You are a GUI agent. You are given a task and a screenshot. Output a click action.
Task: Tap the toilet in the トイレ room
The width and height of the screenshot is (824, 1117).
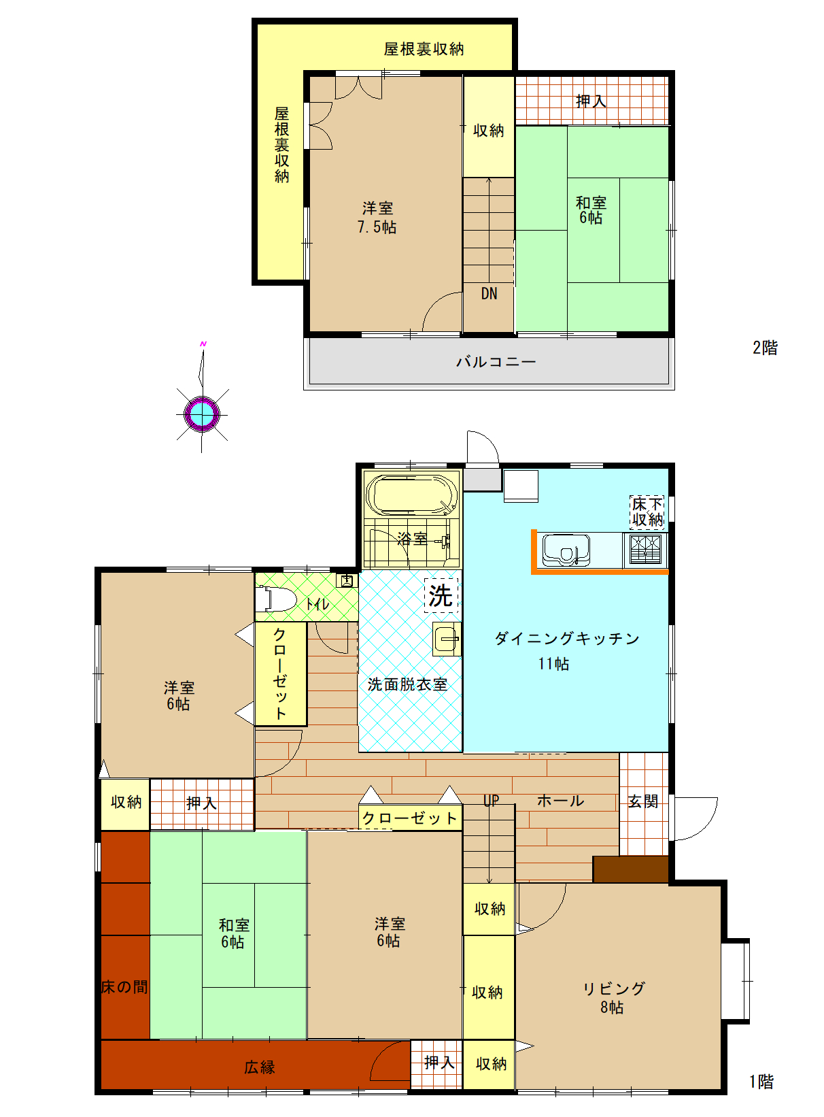click(275, 599)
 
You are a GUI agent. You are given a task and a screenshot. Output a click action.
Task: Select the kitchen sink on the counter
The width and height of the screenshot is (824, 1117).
click(566, 550)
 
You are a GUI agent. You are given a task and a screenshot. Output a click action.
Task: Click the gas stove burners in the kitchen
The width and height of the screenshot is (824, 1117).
click(645, 549)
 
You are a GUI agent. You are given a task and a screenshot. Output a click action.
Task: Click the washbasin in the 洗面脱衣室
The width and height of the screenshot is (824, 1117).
click(447, 639)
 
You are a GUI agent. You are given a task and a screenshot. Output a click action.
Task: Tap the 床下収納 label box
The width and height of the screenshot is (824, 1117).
click(647, 512)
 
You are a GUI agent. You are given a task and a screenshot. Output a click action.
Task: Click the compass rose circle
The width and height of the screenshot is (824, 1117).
click(202, 414)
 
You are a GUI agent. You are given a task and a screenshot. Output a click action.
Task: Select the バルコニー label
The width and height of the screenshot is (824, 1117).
click(496, 362)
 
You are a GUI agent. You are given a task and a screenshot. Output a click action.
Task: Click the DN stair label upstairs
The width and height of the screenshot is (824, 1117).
click(489, 294)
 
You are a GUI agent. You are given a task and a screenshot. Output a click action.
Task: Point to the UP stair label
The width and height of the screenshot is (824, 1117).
click(492, 800)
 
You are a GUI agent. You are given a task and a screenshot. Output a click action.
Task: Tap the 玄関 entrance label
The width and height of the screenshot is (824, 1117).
click(642, 801)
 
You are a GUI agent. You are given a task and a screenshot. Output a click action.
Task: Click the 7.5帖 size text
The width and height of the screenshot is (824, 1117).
click(377, 227)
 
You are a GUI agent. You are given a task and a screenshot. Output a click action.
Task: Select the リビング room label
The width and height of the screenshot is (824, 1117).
click(614, 988)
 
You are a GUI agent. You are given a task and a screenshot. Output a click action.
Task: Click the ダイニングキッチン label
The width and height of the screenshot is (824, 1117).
click(567, 639)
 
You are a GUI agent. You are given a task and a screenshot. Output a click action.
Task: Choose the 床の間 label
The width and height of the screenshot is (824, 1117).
click(124, 987)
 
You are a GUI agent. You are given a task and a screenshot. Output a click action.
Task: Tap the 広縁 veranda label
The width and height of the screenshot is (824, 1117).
click(260, 1067)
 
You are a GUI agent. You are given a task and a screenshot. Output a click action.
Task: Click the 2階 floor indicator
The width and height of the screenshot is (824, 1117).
click(765, 348)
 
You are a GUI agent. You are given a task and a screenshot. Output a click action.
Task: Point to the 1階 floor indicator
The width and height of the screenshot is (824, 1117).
click(761, 1082)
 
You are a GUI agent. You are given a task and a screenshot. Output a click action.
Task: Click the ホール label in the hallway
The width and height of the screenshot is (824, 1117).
click(561, 801)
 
